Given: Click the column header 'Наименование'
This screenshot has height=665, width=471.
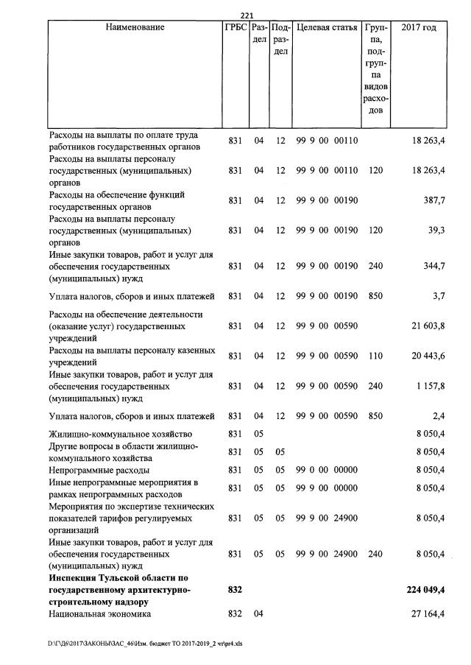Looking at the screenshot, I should click(135, 28).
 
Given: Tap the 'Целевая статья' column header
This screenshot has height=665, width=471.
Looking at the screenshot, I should click(326, 28).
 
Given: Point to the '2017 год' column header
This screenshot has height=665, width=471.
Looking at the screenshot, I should click(419, 28).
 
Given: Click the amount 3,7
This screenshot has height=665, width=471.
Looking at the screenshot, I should click(437, 296).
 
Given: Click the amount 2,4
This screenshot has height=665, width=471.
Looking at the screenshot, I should click(437, 416).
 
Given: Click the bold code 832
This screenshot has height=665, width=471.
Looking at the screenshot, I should click(235, 590).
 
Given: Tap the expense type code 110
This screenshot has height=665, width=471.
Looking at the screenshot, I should click(375, 356).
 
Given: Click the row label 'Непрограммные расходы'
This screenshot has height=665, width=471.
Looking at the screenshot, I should click(99, 469).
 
